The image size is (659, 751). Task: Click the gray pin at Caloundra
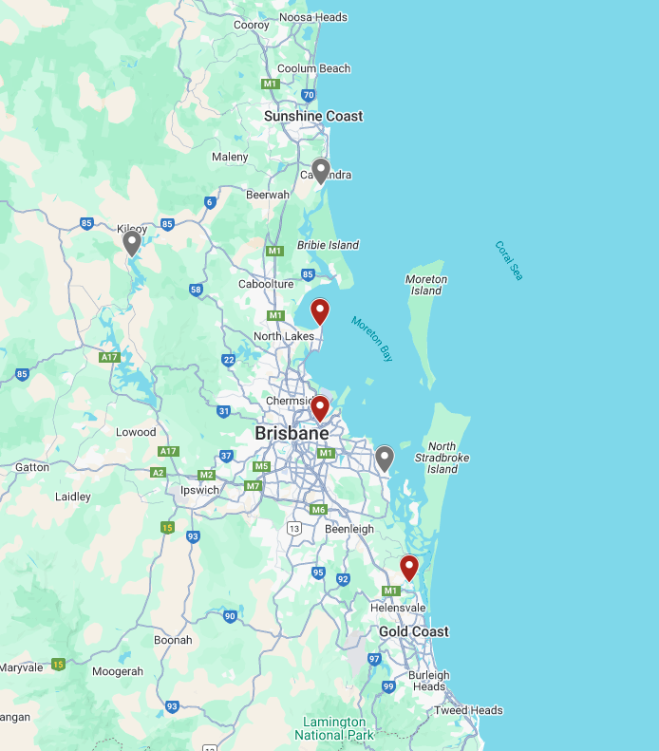(321, 170)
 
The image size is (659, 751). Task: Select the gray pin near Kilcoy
(132, 243)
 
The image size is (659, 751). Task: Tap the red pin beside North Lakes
(320, 310)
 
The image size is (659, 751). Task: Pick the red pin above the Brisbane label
(320, 408)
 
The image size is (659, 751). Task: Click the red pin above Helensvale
(409, 568)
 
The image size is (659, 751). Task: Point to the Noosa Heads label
(312, 17)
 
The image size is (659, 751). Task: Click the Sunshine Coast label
(313, 116)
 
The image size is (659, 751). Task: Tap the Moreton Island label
(426, 285)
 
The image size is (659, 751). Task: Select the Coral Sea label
(509, 260)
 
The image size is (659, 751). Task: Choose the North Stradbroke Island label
(448, 458)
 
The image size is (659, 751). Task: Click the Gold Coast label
(414, 631)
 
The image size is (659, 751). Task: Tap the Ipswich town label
(199, 490)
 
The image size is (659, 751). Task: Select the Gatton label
(32, 467)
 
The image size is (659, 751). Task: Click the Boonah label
(173, 640)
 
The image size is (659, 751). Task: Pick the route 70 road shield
(308, 95)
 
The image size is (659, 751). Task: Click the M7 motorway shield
(253, 486)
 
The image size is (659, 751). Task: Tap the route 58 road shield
(196, 290)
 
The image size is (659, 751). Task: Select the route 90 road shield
(230, 616)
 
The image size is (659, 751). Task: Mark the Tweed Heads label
(468, 710)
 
